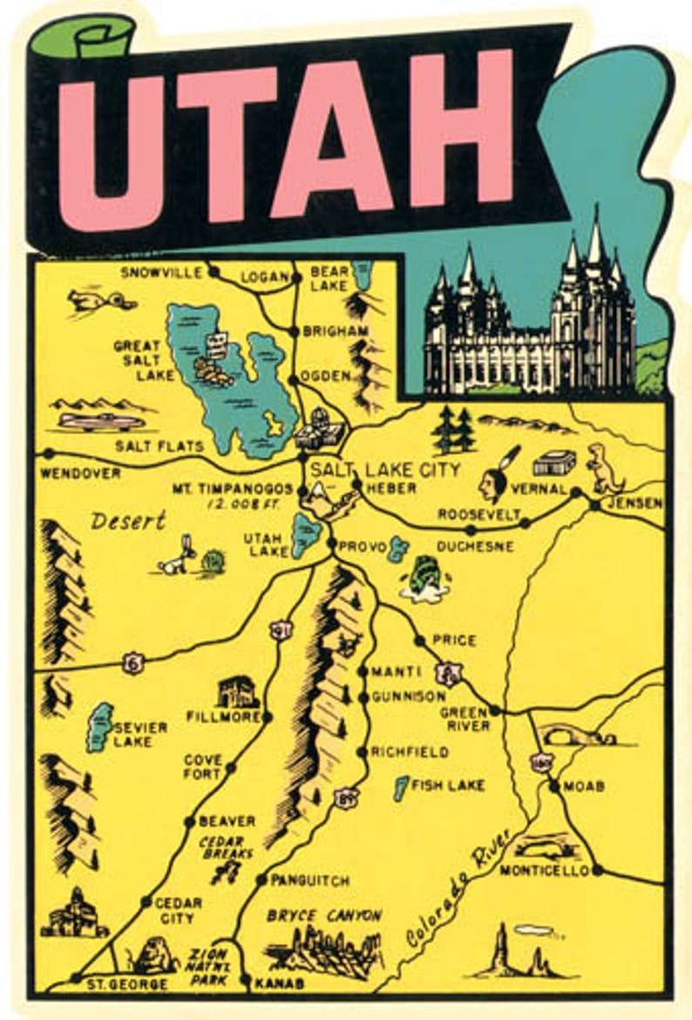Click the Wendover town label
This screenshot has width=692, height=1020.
(80, 474)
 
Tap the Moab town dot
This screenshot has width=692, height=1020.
(554, 786)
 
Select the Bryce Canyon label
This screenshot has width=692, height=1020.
(324, 915)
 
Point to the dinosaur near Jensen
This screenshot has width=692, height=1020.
(600, 467)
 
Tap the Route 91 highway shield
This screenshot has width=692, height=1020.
(279, 629)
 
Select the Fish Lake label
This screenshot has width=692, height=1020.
(447, 785)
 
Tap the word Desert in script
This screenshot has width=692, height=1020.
(128, 521)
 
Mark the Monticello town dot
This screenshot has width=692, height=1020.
(598, 870)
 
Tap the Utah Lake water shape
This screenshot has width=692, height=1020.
(305, 534)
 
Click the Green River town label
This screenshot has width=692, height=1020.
(465, 718)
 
